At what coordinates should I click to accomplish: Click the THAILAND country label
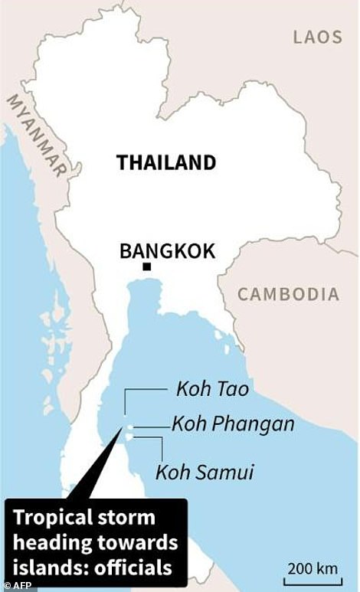click(x=165, y=162)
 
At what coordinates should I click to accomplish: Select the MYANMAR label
click(x=37, y=134)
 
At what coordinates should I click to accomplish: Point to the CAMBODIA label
click(x=287, y=294)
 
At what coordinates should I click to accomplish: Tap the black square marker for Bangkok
click(x=146, y=267)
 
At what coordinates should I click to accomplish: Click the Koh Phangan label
click(x=233, y=424)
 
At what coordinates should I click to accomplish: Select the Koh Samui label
click(x=205, y=472)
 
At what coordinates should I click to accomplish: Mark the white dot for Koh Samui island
click(x=129, y=437)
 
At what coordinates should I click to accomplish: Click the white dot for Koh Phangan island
click(x=131, y=426)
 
